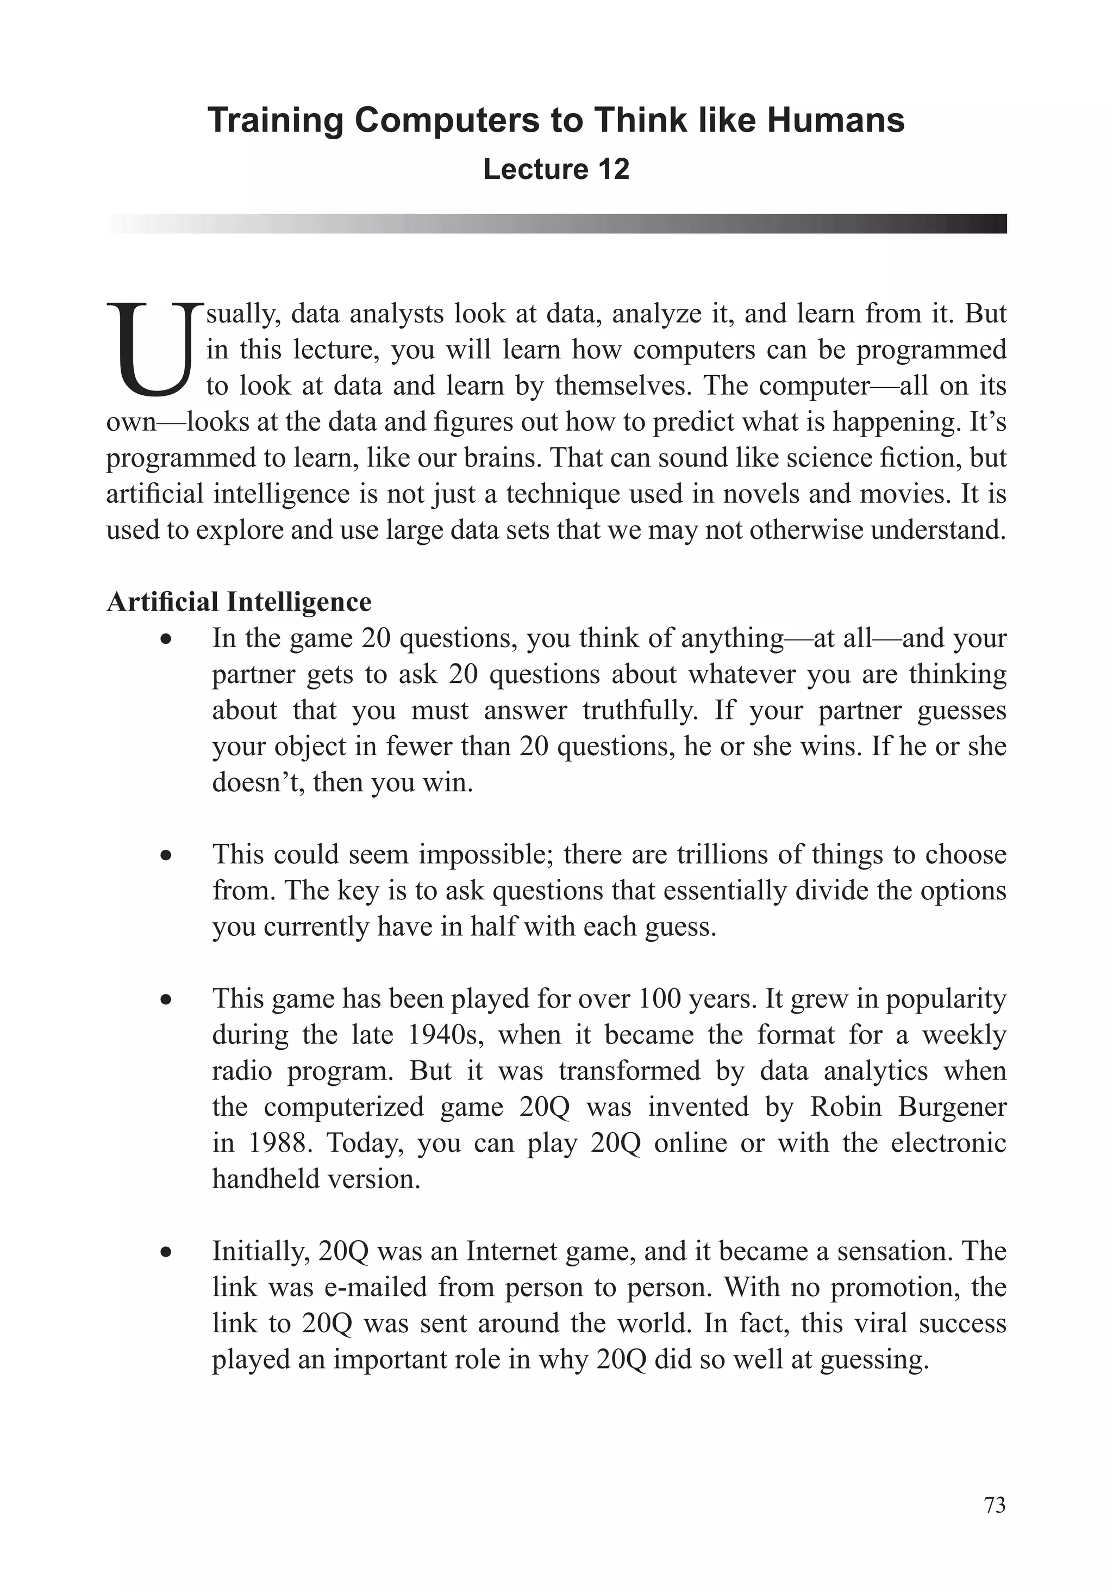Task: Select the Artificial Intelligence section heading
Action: (239, 601)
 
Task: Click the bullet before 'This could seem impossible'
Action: (166, 856)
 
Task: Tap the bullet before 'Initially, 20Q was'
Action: (166, 1253)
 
